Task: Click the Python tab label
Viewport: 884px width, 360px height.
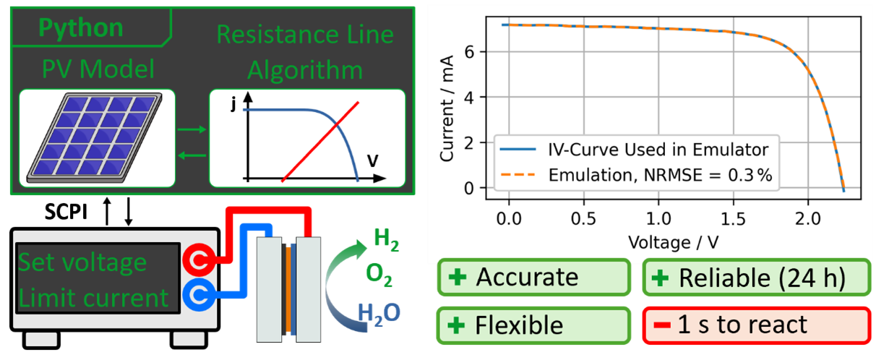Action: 81,27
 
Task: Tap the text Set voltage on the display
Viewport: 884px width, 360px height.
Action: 82,262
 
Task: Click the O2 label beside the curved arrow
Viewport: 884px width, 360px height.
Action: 379,273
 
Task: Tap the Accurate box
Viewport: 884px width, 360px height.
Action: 533,277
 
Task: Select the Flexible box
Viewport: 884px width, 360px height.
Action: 533,325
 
